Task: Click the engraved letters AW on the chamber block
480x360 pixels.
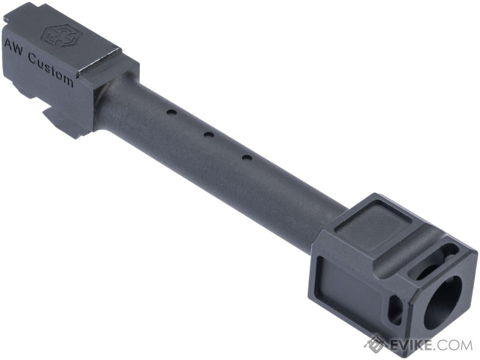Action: (13, 47)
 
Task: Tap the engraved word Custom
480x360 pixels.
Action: (51, 68)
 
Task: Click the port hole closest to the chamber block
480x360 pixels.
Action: (170, 113)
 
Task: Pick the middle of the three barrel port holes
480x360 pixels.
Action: (207, 135)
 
